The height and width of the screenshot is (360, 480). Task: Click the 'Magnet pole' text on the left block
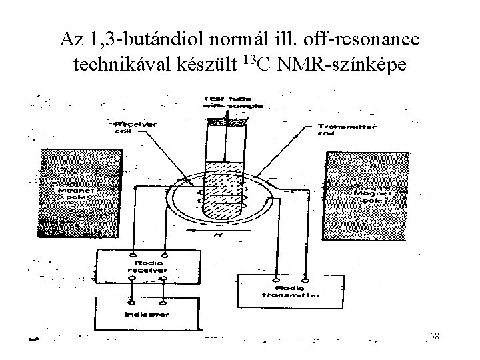(73, 193)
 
